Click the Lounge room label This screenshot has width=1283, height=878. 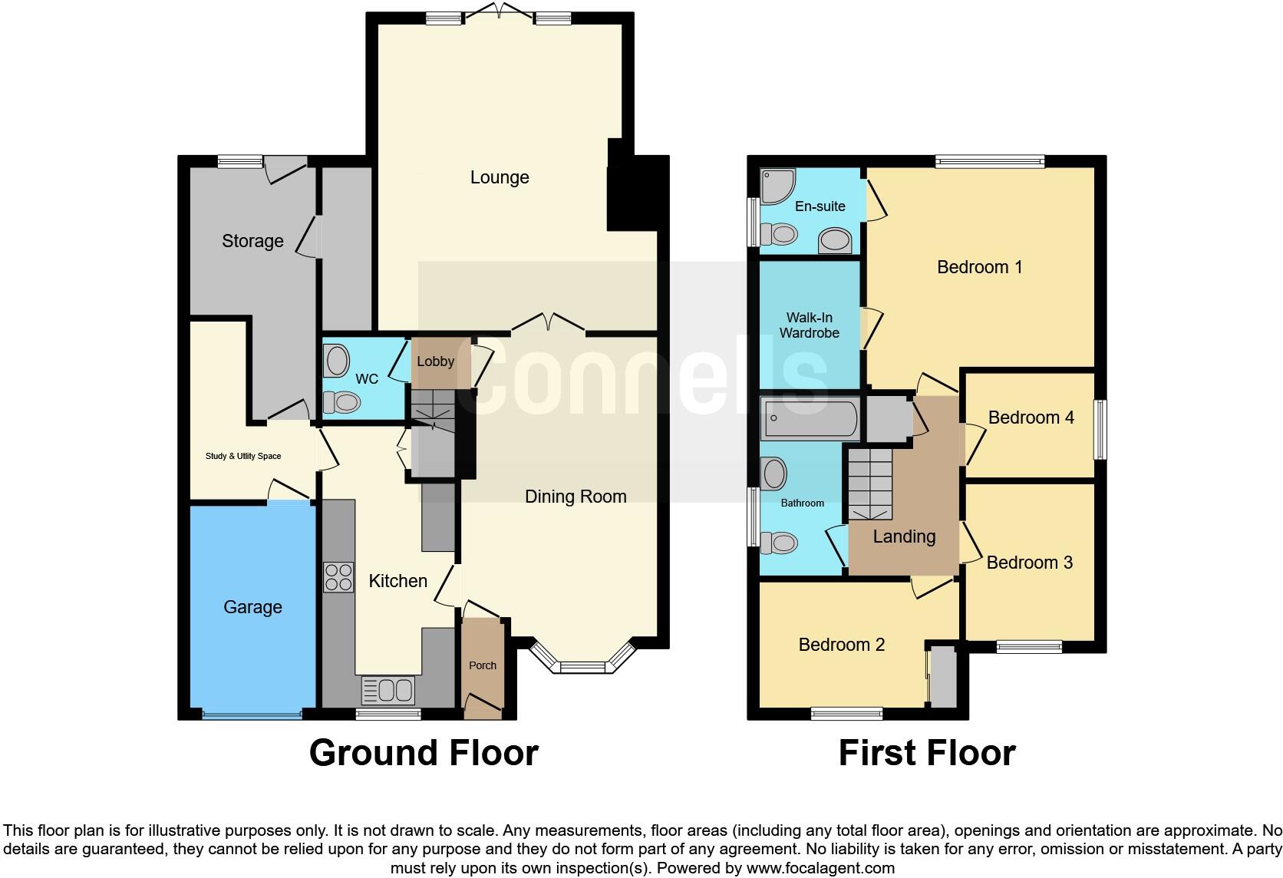[500, 177]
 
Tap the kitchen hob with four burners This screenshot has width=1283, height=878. [338, 577]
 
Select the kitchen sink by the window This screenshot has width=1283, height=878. [388, 689]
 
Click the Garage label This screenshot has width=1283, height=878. [252, 607]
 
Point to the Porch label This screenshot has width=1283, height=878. [483, 665]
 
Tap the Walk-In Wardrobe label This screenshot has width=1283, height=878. [809, 325]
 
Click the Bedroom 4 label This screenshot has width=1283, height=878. [1031, 418]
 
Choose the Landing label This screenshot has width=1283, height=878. [904, 536]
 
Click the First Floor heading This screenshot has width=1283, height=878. [926, 753]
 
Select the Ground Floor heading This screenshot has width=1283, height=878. [424, 753]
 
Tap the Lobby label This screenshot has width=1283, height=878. [435, 361]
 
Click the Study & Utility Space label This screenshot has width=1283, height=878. [243, 456]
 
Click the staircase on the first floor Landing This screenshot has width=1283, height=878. [870, 484]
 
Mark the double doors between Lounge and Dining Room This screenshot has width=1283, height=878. [548, 324]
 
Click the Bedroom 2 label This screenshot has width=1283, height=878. [841, 645]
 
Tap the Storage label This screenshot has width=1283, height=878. [252, 241]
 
